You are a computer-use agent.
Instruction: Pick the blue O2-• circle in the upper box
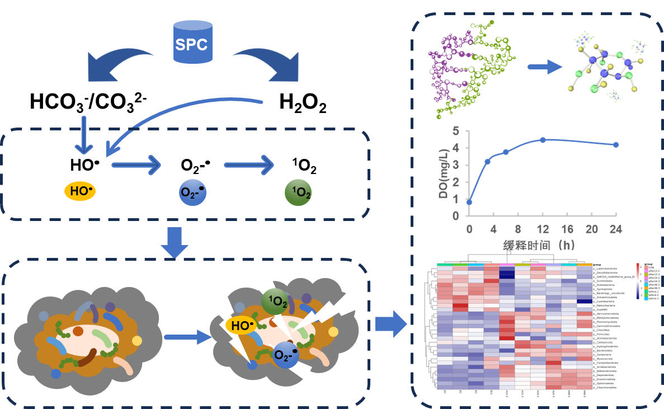[192, 192]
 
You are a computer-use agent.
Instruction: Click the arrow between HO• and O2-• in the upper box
[136, 165]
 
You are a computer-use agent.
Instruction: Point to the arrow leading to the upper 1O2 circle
[249, 165]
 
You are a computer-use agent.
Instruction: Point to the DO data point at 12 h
[543, 139]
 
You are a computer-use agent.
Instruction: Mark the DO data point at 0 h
[469, 202]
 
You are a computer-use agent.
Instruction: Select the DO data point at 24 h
[616, 144]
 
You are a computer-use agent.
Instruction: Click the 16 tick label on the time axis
[567, 229]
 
